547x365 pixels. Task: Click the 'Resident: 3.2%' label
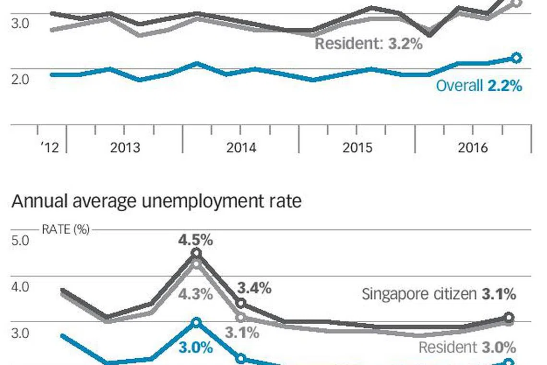pos(369,44)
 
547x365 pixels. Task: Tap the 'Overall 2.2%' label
pos(478,85)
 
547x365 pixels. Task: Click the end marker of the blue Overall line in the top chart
pos(516,58)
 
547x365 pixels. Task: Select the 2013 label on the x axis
pos(125,147)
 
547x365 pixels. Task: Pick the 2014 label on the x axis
pos(241,147)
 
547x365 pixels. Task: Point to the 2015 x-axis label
pos(357,147)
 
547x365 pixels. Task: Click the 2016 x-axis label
pos(473,147)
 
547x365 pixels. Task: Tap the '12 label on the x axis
pos(49,147)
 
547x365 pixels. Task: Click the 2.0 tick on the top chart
pos(20,78)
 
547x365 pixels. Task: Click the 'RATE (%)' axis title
pos(65,230)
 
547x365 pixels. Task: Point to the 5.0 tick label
pos(20,240)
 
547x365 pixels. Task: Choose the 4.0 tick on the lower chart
pos(20,287)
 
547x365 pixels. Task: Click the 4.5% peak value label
pos(195,239)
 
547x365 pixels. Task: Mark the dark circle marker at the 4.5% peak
pos(196,253)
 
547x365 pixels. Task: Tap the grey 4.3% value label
pos(195,294)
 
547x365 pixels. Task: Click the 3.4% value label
pos(254,288)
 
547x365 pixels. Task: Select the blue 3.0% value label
pos(195,347)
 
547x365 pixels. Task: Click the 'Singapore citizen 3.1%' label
pos(439,294)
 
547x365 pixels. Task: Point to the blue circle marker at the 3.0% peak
pos(196,322)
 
